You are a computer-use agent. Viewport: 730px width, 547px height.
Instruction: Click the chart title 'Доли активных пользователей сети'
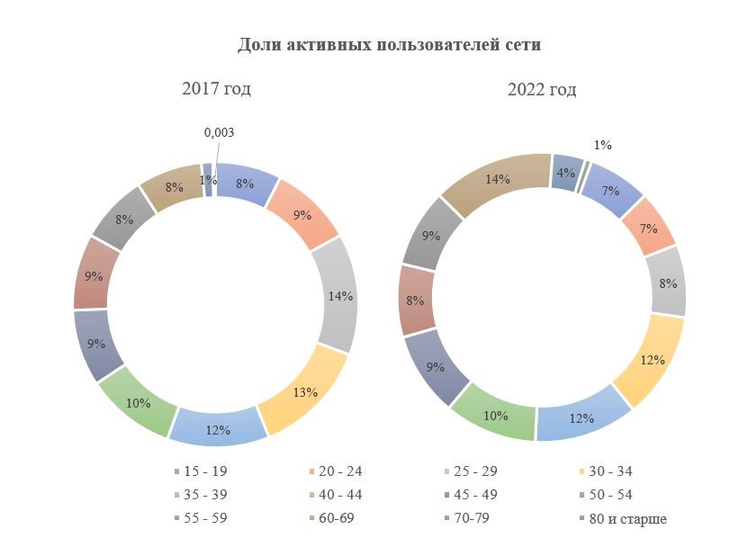pos(389,45)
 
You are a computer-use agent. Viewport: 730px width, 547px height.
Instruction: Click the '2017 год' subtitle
pos(216,89)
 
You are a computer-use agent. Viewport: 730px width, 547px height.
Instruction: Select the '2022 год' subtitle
pos(542,89)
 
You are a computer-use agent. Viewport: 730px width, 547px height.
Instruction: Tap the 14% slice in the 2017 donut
pos(338,296)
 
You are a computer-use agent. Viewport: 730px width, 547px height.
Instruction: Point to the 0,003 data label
pos(219,132)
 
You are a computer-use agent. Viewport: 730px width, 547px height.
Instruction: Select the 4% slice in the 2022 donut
pos(565,172)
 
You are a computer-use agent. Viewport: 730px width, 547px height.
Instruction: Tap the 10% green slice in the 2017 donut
pos(137,403)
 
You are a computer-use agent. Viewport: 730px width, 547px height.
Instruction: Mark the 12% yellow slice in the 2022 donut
pos(652,360)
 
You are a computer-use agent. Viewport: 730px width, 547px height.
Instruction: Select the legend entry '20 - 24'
pos(338,471)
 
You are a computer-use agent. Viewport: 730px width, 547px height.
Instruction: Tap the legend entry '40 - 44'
pos(338,495)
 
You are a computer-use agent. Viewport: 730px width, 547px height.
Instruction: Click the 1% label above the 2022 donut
pos(602,145)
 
